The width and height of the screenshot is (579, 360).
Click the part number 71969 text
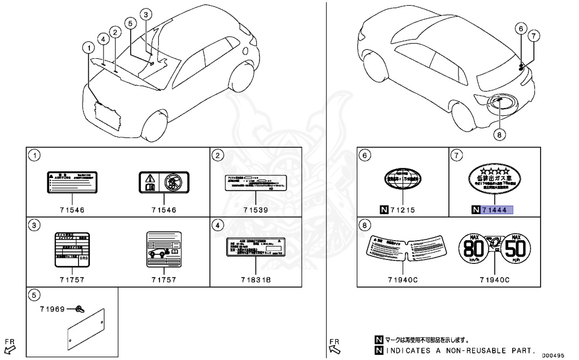(53, 309)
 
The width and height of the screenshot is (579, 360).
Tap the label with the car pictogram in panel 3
(163, 246)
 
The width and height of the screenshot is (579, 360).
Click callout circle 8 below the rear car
(499, 134)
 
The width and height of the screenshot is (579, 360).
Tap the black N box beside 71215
(384, 210)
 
